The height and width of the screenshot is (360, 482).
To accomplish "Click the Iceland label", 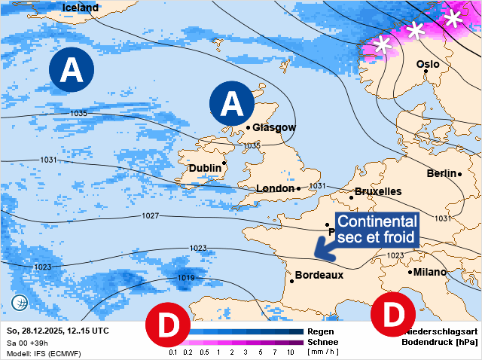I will (x=81, y=8).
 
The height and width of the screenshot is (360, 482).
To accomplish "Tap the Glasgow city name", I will (x=274, y=127).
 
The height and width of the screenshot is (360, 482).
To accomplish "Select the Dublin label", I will (x=205, y=167).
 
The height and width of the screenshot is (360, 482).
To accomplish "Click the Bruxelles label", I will (x=378, y=191).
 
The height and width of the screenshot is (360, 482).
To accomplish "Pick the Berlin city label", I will (x=442, y=173).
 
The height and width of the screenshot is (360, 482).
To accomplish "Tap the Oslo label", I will (x=428, y=65).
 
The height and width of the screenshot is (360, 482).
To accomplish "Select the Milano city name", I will (x=430, y=272).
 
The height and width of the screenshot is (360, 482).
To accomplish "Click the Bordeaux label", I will (x=319, y=275).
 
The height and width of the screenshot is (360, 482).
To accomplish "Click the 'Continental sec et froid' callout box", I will (x=377, y=230).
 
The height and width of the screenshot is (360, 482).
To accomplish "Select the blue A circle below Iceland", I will (x=72, y=70).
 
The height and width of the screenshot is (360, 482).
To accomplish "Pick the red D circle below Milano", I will (x=392, y=314).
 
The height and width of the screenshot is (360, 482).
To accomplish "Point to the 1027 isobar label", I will (x=150, y=216).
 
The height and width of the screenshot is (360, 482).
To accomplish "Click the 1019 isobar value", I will (x=187, y=278).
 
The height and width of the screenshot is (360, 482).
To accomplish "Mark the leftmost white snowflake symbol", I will (x=383, y=44).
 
